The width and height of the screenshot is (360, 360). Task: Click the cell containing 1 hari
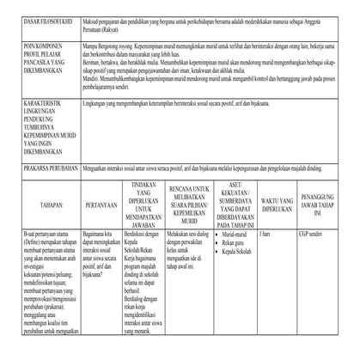tap(265, 232)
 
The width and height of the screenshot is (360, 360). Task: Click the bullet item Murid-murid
tap(235, 232)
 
